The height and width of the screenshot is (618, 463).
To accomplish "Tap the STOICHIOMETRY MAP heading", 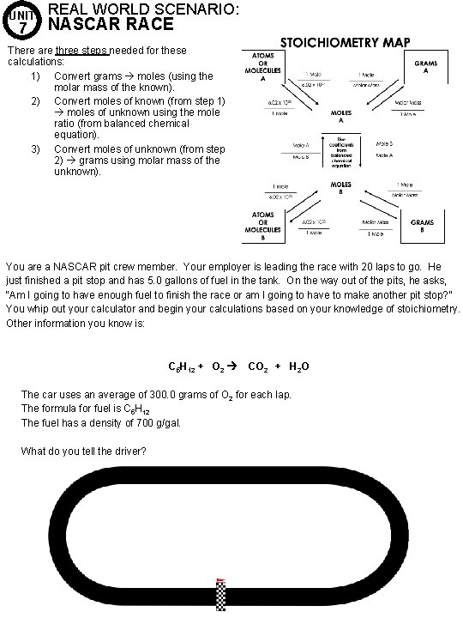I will pyautogui.click(x=346, y=41).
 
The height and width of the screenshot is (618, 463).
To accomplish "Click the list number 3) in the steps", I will pyautogui.click(x=36, y=148).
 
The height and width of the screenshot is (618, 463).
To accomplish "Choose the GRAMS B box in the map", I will pyautogui.click(x=423, y=227).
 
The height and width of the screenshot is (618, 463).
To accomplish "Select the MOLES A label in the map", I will pyautogui.click(x=340, y=117).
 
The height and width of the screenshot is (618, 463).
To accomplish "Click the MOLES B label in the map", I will pyautogui.click(x=340, y=187).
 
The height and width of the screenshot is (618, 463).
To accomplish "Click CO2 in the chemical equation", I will pyautogui.click(x=257, y=367).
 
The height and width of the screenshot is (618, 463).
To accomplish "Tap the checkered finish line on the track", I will pyautogui.click(x=220, y=596).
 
